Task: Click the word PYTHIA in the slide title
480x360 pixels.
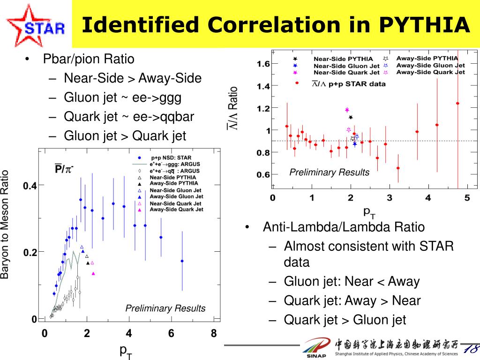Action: [424, 25]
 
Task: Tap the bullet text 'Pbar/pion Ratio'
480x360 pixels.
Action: [89, 60]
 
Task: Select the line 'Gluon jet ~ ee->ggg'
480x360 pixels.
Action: [122, 97]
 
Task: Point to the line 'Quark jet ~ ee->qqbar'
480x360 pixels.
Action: [129, 117]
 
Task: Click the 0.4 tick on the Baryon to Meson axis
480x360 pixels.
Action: [30, 186]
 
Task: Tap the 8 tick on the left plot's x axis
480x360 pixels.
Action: [214, 334]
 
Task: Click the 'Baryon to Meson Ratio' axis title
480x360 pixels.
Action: [6, 225]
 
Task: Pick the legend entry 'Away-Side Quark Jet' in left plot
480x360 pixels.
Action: [176, 210]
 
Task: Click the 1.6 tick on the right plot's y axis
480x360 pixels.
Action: [263, 63]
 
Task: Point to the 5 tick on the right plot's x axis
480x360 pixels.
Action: [467, 198]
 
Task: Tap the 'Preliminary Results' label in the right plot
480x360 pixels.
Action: [329, 172]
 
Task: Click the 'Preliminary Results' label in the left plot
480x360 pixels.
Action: [165, 308]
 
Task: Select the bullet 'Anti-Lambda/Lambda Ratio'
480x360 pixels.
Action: [344, 227]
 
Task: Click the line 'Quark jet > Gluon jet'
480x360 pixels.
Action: [345, 320]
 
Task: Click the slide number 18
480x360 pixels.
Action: [470, 349]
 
